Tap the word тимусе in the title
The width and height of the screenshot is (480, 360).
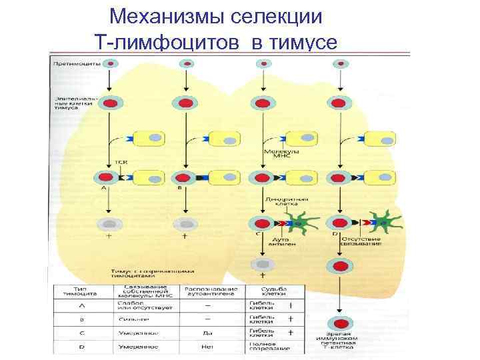click(301, 43)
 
